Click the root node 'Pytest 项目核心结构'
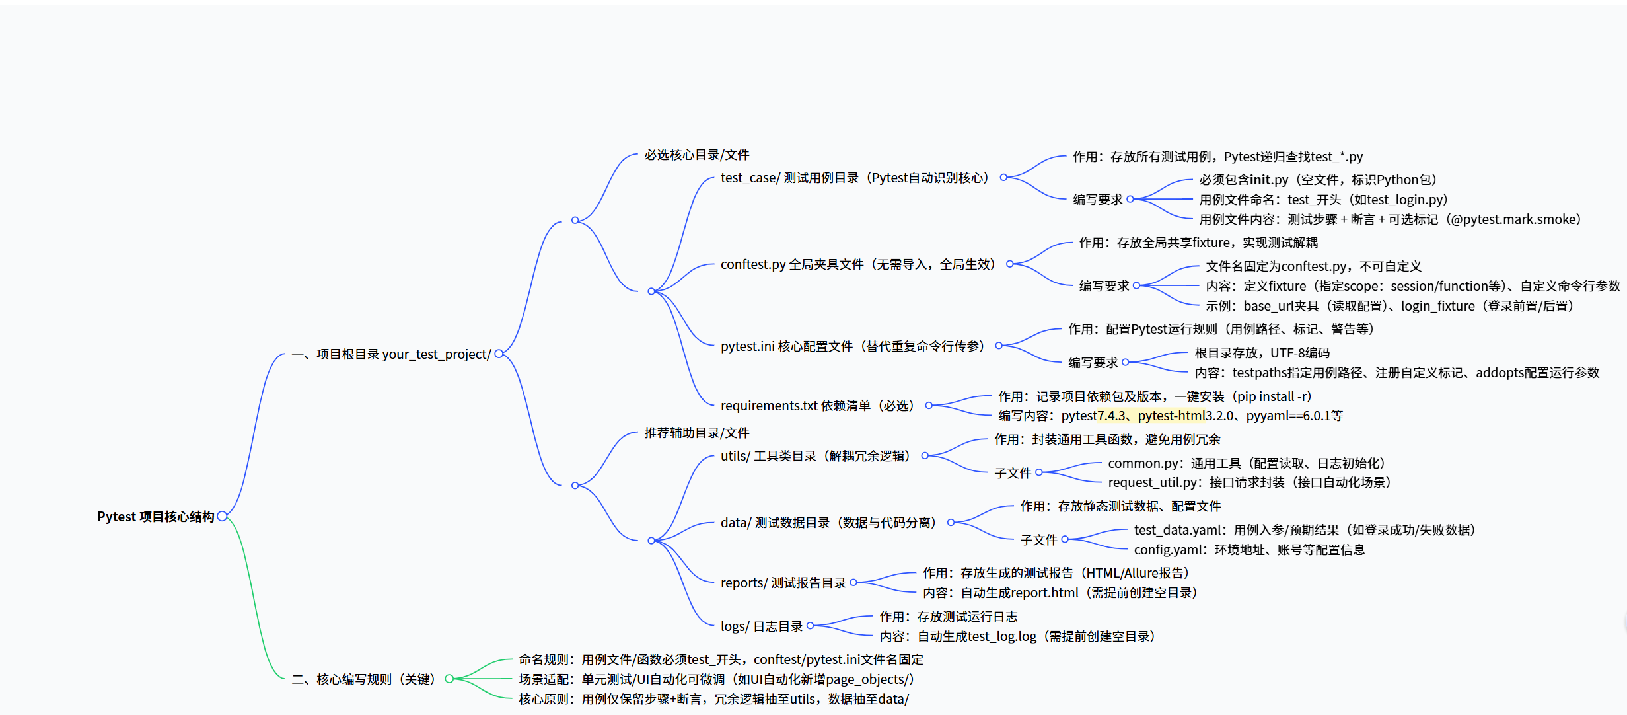click(155, 517)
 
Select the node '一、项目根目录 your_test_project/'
click(391, 354)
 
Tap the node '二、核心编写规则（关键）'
click(364, 679)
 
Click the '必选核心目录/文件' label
click(697, 155)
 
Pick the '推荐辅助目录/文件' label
click(697, 433)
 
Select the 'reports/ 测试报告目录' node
click(783, 583)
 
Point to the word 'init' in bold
click(1260, 180)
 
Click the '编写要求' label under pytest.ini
click(1093, 363)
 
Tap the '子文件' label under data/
click(1038, 540)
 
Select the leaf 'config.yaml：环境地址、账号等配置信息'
click(1249, 550)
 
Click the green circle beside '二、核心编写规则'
click(449, 679)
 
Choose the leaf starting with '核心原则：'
click(713, 699)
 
